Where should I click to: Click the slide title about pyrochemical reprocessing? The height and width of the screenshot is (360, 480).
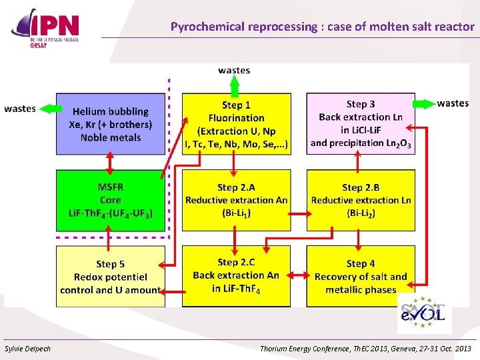pos(322,27)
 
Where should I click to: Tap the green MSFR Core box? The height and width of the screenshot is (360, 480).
pos(110,200)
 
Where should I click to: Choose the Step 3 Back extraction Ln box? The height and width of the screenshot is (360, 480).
pos(361,124)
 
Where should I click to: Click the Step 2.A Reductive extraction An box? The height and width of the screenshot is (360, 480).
pos(236,200)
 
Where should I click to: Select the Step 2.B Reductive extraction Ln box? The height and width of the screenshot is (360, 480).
pos(361,200)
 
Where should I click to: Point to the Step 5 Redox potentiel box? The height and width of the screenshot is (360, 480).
pos(110,277)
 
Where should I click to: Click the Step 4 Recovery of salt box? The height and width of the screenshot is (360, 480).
pos(361,277)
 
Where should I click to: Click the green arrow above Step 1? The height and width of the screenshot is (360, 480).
pos(235,85)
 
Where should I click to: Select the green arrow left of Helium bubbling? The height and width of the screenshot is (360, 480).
pos(47,108)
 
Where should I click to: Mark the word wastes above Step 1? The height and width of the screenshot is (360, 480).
pos(235,70)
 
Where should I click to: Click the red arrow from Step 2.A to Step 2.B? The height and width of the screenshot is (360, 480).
pos(299,214)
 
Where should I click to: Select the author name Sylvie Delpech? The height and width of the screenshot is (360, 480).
pos(28,349)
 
